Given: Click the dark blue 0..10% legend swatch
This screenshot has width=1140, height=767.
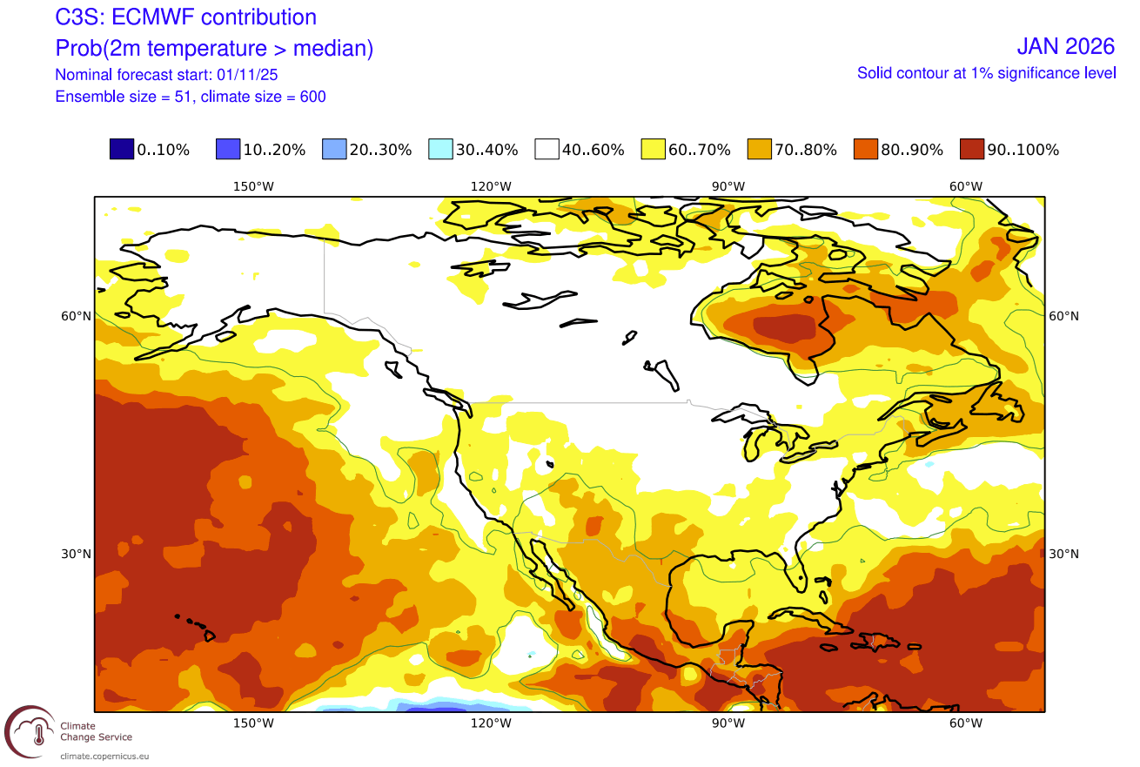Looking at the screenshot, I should point(122,150).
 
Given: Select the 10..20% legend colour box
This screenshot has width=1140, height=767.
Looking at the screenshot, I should point(228,150).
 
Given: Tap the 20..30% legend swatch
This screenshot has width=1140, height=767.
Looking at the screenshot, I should point(334,150).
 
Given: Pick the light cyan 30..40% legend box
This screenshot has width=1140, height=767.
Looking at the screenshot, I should point(440,150).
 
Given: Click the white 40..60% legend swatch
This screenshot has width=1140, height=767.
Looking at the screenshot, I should point(547,150).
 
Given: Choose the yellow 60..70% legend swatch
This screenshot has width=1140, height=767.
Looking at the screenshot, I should point(653,150).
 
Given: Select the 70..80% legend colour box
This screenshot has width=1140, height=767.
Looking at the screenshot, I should point(759,150).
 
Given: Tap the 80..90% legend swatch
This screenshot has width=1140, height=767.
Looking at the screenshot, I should point(865,150).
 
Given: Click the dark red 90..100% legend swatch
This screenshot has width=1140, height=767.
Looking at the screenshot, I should point(971,150).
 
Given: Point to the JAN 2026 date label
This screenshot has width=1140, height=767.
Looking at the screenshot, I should point(1065,46).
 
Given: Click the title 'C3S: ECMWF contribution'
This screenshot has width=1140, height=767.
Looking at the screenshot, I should point(185,17).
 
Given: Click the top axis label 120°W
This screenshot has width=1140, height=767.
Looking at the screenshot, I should point(491,186).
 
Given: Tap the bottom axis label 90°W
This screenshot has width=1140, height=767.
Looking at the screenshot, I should point(728,723).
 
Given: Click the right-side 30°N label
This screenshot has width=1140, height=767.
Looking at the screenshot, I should point(1063,555).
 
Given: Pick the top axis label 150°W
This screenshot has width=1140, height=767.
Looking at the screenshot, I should point(253,186).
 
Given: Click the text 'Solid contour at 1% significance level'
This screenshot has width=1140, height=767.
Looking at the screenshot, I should point(986,73).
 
